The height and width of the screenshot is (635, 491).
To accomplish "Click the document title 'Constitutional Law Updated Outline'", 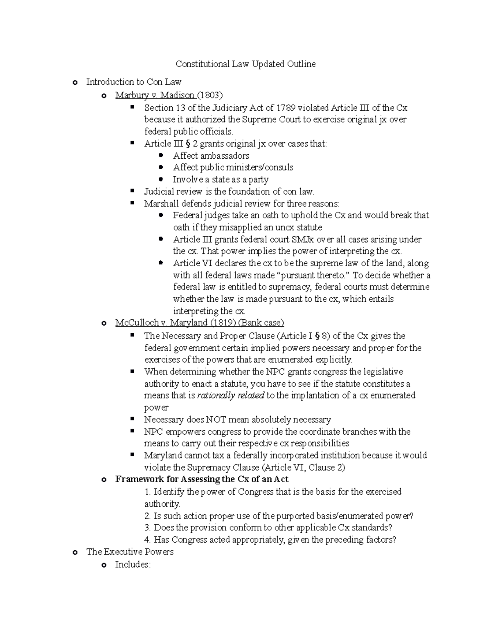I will tap(245, 64).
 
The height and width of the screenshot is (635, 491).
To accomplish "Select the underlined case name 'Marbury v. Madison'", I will tap(155, 95).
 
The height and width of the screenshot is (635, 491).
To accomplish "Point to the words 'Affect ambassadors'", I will tap(211, 156).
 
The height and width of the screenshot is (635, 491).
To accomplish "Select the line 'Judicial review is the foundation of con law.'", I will tap(229, 191).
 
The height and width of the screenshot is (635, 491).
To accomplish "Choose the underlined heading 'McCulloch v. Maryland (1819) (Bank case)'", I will tap(199, 323).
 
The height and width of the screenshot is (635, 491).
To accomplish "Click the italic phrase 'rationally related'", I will tap(230, 396).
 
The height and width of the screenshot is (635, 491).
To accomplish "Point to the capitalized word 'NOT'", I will tap(216, 420).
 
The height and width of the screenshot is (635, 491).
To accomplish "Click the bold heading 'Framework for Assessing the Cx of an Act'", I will tap(202, 479).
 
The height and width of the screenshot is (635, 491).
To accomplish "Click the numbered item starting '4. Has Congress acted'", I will tap(270, 540).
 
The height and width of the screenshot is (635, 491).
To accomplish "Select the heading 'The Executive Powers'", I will tap(130, 552).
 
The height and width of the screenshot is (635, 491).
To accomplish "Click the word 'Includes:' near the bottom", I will tap(133, 565).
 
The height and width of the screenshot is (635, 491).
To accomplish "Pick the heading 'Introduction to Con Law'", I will tap(133, 82).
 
